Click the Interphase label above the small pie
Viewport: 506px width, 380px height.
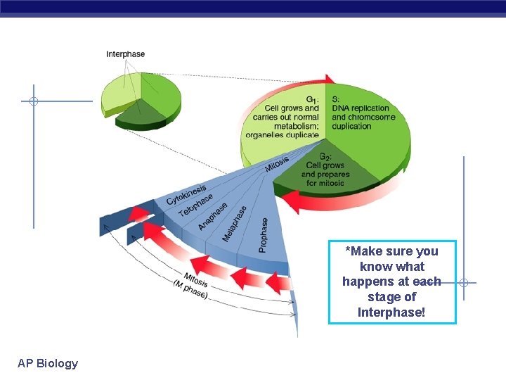126,54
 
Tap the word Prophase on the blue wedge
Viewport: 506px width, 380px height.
264,234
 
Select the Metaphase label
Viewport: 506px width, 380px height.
235,224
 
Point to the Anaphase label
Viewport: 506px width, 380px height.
213,216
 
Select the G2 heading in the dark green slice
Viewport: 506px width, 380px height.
325,156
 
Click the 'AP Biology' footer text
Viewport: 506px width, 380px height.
48,363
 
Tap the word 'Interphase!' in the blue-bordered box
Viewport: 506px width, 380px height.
391,312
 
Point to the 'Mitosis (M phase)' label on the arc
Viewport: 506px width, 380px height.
192,284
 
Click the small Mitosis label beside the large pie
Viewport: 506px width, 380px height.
277,164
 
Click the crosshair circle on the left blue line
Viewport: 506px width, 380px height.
33,101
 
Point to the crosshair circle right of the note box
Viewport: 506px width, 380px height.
464,283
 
